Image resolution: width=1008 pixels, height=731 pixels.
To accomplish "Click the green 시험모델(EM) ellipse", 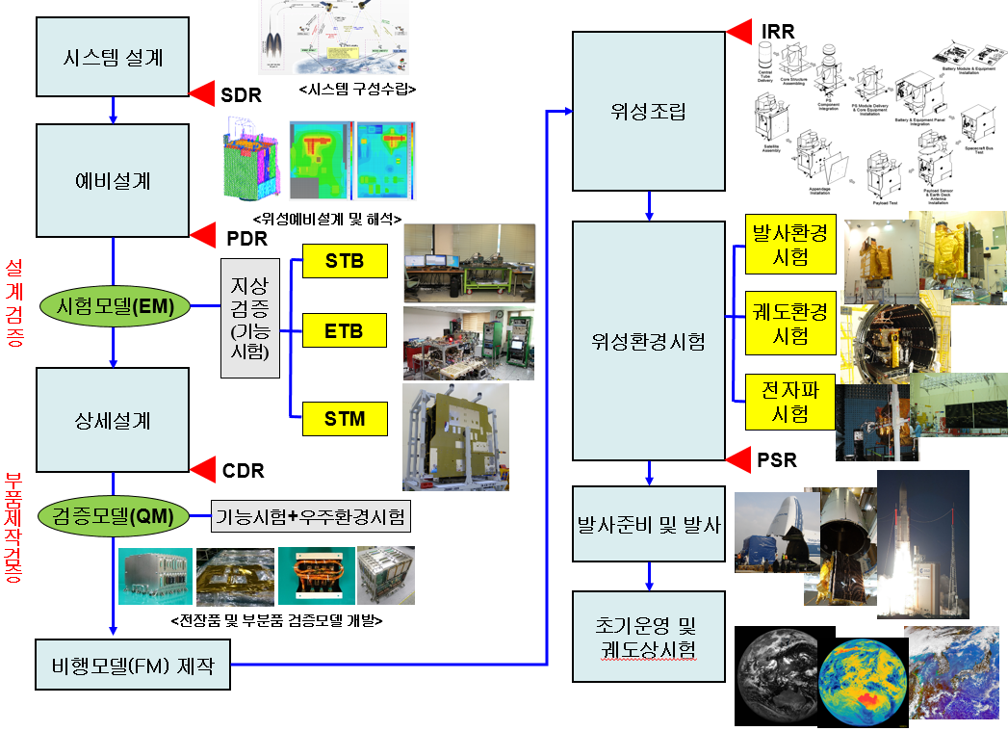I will (x=114, y=307).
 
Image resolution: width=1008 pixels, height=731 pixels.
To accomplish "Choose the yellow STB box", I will (x=345, y=262).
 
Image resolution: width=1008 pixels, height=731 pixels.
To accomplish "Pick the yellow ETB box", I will (x=345, y=330).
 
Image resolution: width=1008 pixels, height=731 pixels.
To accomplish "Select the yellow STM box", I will (x=345, y=419).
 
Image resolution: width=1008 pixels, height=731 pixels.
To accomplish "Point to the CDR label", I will (x=243, y=471).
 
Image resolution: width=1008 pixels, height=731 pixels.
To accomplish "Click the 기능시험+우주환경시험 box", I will (x=311, y=516).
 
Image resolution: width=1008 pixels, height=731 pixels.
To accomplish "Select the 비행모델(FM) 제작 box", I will (x=133, y=665).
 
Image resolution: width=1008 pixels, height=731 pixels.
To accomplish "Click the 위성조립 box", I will (x=648, y=111).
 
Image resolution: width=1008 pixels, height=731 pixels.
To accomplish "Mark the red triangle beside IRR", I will (x=739, y=32).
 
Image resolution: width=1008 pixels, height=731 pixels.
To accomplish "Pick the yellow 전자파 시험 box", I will (x=790, y=402).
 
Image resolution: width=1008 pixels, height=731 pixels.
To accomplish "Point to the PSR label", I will (x=777, y=460).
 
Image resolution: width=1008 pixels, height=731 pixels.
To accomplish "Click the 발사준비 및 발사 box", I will (x=648, y=524).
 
